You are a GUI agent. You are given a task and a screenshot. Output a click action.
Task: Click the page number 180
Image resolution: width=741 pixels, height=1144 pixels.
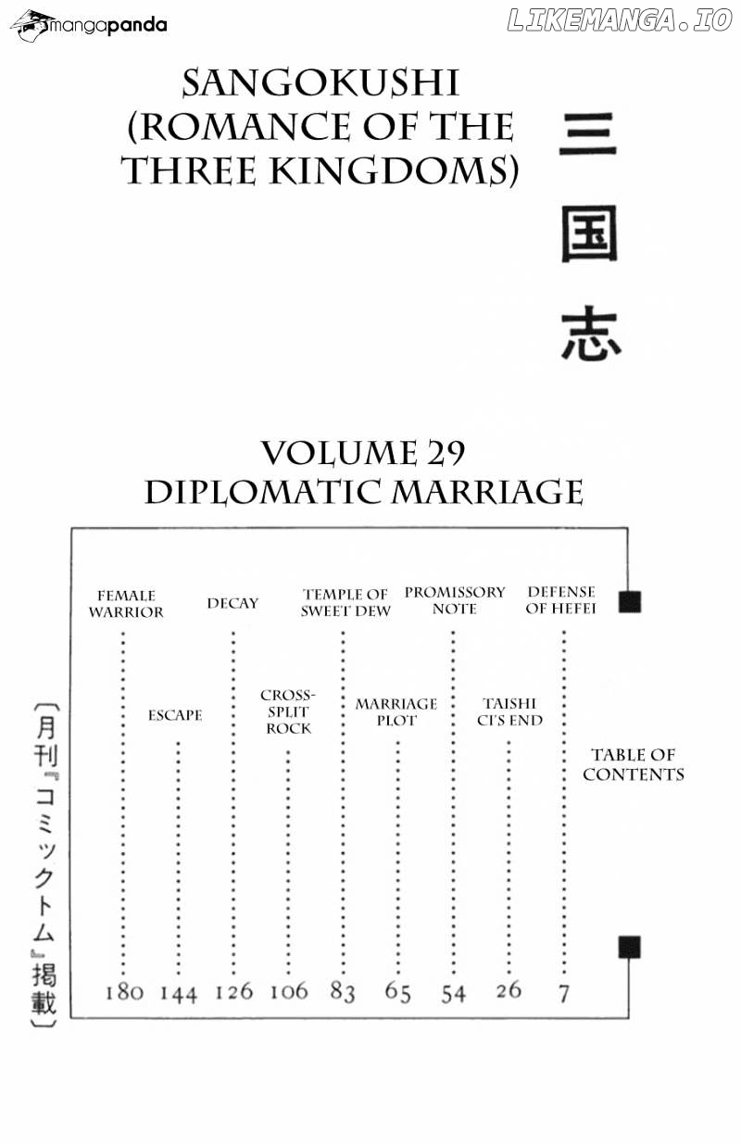(x=124, y=992)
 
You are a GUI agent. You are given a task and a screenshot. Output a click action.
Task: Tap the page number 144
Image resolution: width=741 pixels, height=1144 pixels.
(x=179, y=994)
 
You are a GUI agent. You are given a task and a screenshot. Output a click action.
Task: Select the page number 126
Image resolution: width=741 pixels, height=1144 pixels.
(x=234, y=992)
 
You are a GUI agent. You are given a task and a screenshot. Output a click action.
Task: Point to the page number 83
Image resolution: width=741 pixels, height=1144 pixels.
(x=342, y=992)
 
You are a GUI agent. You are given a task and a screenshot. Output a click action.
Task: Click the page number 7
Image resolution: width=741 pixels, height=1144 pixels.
(x=563, y=994)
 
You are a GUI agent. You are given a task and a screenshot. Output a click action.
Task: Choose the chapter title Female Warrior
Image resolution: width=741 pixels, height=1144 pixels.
(x=126, y=604)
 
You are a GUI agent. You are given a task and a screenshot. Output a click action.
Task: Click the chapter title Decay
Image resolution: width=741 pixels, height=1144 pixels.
(x=232, y=603)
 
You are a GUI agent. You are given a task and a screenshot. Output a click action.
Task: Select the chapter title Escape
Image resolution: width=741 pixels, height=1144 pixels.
(x=175, y=715)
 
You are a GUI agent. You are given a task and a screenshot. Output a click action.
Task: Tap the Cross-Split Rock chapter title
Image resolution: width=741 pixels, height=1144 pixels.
(x=288, y=711)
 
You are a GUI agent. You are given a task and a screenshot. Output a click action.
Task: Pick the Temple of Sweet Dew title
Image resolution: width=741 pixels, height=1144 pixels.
(x=345, y=603)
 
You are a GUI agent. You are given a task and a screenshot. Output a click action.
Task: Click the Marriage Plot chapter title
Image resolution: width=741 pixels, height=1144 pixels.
(x=396, y=712)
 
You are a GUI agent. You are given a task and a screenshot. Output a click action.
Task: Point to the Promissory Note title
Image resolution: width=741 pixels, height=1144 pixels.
(x=455, y=600)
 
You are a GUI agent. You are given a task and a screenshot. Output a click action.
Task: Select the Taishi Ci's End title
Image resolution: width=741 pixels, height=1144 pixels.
(x=509, y=711)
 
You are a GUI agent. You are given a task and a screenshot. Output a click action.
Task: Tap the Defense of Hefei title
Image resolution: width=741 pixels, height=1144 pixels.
(x=560, y=600)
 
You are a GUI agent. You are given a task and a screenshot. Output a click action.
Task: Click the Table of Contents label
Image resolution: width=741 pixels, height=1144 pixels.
(x=634, y=764)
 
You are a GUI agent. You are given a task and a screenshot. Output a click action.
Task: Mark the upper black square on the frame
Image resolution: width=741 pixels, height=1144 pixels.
(x=630, y=601)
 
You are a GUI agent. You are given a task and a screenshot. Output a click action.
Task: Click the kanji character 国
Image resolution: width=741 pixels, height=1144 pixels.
(x=590, y=234)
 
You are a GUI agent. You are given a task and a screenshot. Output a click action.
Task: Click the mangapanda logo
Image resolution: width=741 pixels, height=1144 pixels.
(x=89, y=24)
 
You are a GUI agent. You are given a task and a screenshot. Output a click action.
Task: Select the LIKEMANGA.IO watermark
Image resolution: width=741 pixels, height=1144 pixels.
(x=620, y=20)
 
